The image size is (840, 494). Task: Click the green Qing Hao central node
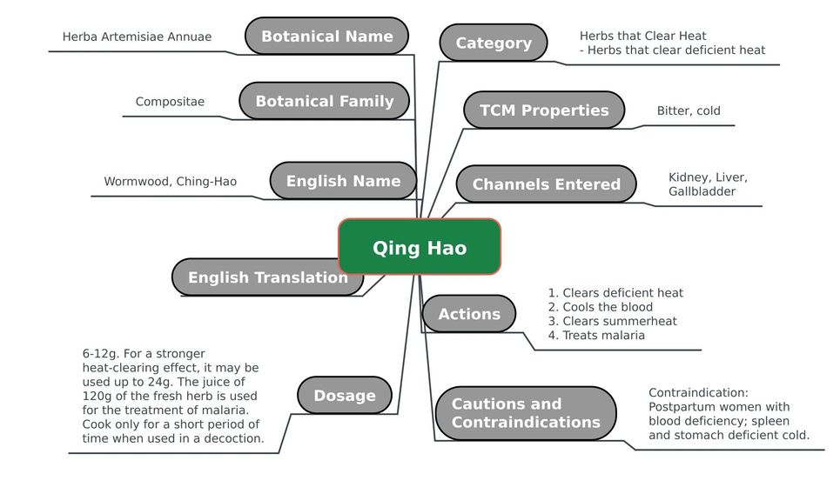[x=420, y=247]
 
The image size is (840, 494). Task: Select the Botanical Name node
[x=326, y=36]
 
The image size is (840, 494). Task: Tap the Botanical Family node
[x=324, y=101]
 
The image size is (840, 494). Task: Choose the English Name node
[x=343, y=181]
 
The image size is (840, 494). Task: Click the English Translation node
[x=268, y=277]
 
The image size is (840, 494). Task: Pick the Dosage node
[x=345, y=395]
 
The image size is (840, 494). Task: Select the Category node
[x=494, y=43]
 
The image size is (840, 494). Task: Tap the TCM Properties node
[x=544, y=110]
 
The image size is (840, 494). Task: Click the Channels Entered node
[x=546, y=184]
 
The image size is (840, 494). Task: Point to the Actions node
[x=469, y=314]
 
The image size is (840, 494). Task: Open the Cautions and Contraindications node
[x=526, y=413]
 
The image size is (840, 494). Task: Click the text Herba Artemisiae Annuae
[x=138, y=37]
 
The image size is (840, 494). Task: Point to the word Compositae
[x=170, y=102]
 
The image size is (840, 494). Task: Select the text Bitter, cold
[x=689, y=110]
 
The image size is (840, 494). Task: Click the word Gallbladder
[x=702, y=191]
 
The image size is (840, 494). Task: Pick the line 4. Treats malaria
[x=596, y=335]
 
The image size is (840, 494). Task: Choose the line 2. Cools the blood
[x=600, y=307]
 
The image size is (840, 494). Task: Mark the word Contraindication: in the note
[x=698, y=392]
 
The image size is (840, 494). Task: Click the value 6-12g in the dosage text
[x=101, y=354]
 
